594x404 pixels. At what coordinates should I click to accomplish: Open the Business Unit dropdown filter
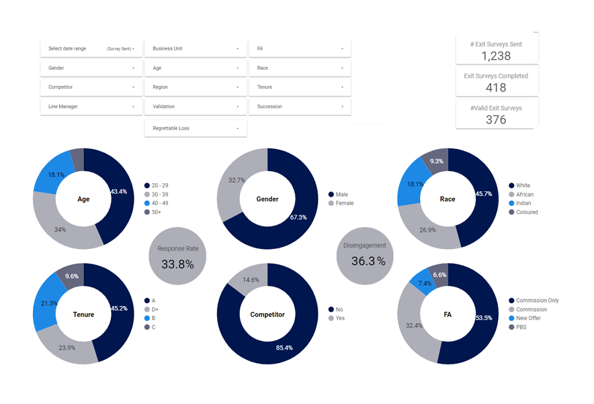coord(196,48)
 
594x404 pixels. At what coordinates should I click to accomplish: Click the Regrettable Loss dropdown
coord(196,128)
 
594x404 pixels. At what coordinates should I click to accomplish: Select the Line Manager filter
coord(91,107)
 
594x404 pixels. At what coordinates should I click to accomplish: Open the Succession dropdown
coord(300,107)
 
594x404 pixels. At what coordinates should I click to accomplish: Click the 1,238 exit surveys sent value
coord(497,56)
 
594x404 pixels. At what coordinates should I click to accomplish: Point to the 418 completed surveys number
coord(496,88)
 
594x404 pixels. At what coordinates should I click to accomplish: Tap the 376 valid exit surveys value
coord(496,119)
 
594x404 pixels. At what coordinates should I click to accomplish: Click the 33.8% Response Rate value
coord(177,264)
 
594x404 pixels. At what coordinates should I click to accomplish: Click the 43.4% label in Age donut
coord(119,192)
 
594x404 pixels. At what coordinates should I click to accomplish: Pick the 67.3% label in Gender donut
coord(298,217)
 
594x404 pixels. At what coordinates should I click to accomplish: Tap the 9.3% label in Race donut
coord(437,161)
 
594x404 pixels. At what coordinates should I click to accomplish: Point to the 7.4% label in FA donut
coord(425,284)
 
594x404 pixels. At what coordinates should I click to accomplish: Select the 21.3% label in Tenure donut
coord(48,303)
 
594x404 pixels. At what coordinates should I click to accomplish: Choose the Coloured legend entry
coord(527,213)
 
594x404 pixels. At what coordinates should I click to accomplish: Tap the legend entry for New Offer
coord(528,319)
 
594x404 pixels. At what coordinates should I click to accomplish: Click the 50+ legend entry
coord(156,213)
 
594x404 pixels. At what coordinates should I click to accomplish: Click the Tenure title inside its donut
coord(83,314)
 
